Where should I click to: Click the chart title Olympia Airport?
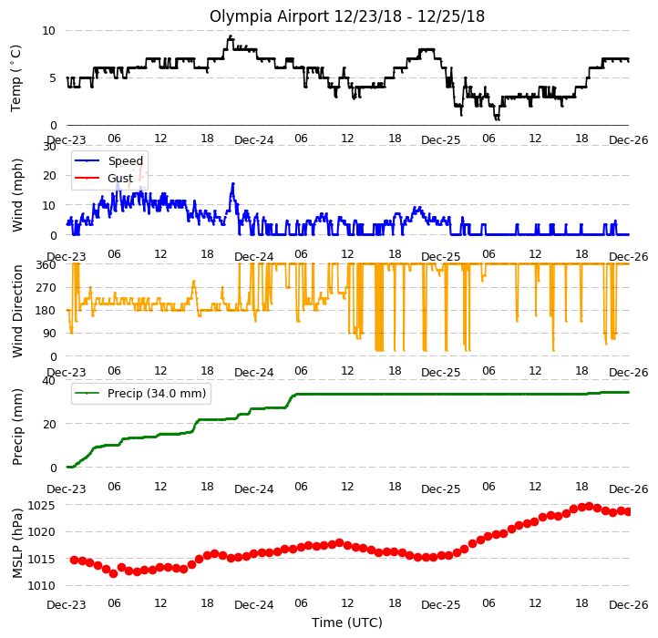270,17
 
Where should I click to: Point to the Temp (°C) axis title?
15,78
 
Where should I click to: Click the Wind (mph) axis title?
16,195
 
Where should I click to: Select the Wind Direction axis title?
16,311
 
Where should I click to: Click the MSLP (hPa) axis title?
16,543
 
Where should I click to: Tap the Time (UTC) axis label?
347,623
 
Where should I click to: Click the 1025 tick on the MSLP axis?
41,505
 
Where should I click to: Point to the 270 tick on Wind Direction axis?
46,288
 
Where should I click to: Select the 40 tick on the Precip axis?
48,381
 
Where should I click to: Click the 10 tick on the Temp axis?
48,31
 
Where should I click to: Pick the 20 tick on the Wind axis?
49,175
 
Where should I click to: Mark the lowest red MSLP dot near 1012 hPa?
113,573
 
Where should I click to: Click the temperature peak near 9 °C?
230,37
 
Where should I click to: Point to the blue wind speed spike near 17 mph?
233,184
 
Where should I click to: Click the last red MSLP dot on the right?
628,511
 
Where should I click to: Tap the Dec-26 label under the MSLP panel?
629,605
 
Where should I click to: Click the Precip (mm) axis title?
16,427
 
